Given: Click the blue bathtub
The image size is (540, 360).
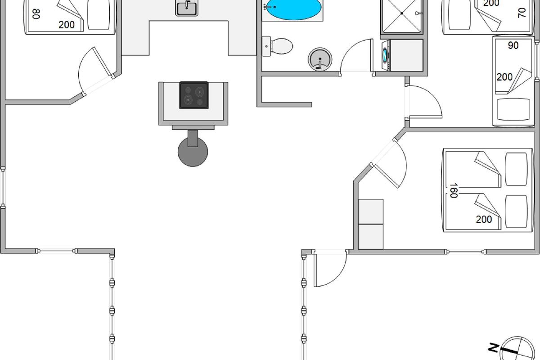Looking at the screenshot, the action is click(293, 9).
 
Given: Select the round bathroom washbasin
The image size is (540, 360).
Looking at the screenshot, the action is click(320, 59).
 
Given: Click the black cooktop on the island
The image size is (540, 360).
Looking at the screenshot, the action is click(194, 95).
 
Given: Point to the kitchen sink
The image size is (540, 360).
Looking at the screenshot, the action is click(187, 8).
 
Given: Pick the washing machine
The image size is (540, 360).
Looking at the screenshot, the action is click(386, 55).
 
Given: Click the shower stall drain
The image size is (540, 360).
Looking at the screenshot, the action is click(401, 13).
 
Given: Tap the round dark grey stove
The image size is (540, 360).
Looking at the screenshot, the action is click(193, 152).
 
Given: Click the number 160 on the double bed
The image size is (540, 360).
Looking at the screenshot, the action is click(454, 190).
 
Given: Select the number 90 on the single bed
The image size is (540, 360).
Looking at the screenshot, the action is click(513, 45).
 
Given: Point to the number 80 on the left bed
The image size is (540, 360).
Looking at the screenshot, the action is click(36, 14).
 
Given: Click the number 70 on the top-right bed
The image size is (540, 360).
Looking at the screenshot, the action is click(522, 13).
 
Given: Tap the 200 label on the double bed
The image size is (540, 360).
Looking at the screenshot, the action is click(484, 220).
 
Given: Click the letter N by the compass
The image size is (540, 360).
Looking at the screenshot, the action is click(494, 348).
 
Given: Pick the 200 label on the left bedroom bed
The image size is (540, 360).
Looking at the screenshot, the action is click(67, 25).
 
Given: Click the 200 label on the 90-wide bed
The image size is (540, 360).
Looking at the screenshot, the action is click(504, 77).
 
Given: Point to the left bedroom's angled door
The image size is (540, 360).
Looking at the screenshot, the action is click(103, 62).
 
